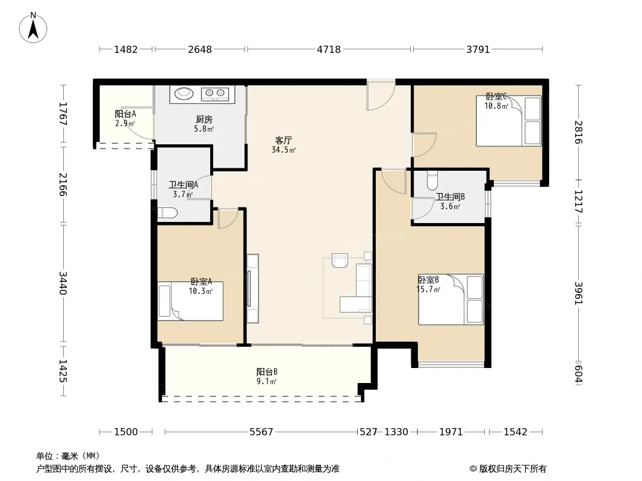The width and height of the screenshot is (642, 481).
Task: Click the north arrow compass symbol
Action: coord(33,28)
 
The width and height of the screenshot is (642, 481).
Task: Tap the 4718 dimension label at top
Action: coord(329,49)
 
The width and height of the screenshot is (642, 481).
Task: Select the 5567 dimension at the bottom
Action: coord(261,432)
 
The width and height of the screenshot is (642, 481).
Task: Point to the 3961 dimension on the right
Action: coord(578,293)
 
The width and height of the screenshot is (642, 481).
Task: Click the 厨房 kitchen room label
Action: coord(204,119)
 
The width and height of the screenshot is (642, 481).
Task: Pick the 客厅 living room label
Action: coord(283,141)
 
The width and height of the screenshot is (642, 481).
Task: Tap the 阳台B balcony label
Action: coord(267,372)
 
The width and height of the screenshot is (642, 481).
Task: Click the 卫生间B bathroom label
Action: coord(450,197)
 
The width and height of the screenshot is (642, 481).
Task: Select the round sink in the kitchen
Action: coord(184,94)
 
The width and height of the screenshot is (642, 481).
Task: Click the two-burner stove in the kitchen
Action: coord(215,94)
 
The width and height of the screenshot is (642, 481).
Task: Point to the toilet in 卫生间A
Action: coord(167,212)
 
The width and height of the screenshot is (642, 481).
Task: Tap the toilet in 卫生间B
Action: coord(432,180)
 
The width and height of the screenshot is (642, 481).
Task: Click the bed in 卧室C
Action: coord(508,121)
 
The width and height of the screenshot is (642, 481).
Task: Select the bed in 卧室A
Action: coord(190,301)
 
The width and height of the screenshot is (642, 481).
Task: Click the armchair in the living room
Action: coord(340,260)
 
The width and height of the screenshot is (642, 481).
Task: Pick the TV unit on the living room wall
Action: coord(252,289)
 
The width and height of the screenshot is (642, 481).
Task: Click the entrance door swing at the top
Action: coord(381,95)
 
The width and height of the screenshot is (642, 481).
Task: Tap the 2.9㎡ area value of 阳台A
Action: coord(125,123)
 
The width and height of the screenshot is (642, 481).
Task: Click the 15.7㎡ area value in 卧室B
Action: coord(428,290)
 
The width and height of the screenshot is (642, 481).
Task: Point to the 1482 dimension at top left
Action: coord(126,49)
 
